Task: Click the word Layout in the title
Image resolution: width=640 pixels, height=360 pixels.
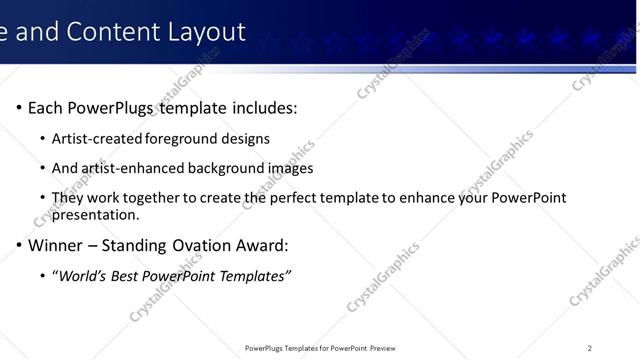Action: [207, 32]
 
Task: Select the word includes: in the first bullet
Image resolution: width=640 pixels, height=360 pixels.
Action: [263, 107]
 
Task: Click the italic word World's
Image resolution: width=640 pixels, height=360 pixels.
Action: [85, 275]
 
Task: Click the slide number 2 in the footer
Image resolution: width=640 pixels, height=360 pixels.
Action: [590, 348]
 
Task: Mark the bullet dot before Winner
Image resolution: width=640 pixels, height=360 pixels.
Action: [19, 245]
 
